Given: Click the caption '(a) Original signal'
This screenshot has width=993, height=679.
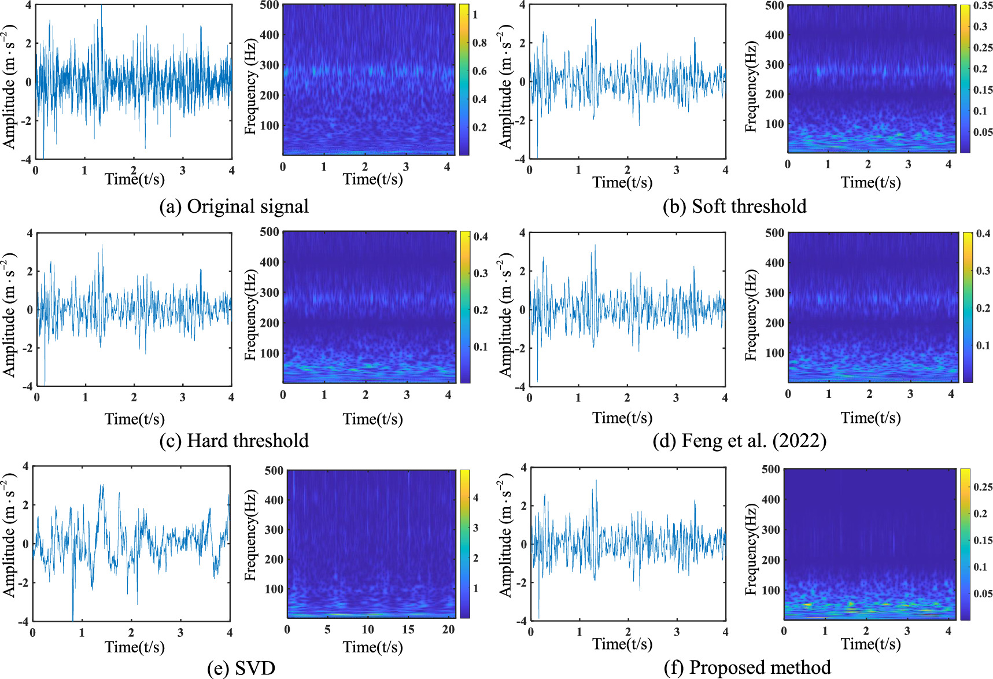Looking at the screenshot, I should click(x=234, y=206).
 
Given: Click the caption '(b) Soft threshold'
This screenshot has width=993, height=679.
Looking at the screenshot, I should click(x=734, y=206).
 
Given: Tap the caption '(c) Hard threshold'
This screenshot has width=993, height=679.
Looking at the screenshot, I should click(x=234, y=441).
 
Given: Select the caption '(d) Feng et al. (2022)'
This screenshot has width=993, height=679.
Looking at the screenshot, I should click(x=739, y=441).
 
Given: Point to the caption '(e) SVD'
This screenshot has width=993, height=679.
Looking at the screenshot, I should click(x=241, y=669).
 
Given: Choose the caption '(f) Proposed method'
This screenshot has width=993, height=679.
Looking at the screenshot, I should click(x=747, y=668).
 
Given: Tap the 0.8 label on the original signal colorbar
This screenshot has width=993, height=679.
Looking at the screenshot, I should click(x=479, y=43).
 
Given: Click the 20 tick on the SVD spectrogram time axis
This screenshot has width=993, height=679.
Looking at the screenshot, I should click(x=448, y=630).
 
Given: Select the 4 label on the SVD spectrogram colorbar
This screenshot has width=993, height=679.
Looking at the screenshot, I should click(x=476, y=498).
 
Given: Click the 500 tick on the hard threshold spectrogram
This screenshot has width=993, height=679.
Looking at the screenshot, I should click(x=270, y=232).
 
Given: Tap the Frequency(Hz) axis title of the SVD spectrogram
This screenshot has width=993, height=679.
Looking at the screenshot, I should click(x=250, y=535).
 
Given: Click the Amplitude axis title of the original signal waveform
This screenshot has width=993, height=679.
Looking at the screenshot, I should click(x=9, y=87).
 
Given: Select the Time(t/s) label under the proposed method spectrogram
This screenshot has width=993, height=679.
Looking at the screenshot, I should click(x=870, y=644).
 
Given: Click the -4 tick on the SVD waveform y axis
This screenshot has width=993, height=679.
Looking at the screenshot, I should click(x=23, y=621).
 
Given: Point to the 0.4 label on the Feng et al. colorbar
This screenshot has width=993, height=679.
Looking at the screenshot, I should click(x=983, y=234).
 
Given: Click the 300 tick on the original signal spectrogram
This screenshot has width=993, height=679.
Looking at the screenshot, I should click(x=270, y=65).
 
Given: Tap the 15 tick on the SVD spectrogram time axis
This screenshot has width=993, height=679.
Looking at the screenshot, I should click(x=408, y=630).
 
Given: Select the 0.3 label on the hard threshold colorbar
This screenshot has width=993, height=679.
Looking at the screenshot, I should click(x=481, y=273).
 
